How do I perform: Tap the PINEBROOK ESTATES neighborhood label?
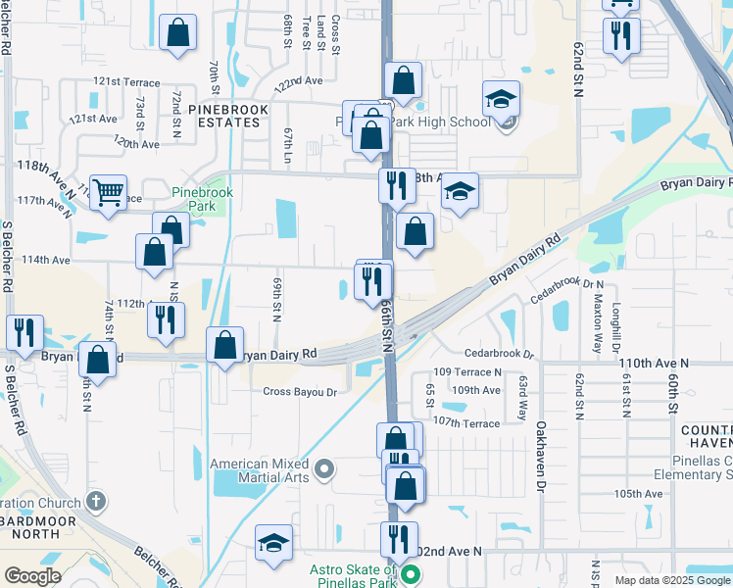(224, 115)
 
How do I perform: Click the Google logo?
(32, 576)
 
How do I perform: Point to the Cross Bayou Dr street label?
(300, 392)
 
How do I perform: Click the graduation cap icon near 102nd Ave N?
(274, 543)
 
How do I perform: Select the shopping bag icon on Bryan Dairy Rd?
(225, 344)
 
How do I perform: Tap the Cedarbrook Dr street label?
(498, 354)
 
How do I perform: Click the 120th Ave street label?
(136, 143)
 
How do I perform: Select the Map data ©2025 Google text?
(671, 580)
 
